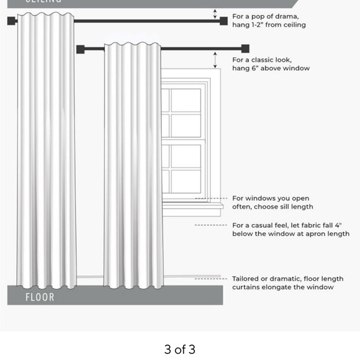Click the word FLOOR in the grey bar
tap(40, 297)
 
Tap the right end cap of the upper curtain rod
tap(223, 21)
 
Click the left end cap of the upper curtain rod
tap(11, 21)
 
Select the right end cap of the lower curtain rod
tap(245, 48)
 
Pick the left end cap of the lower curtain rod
tap(81, 48)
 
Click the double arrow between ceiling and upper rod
tap(215, 14)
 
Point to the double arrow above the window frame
tap(215, 60)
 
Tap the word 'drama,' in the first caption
tap(286, 16)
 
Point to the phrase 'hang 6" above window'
tap(271, 68)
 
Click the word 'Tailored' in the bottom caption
tap(246, 279)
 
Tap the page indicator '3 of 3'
tap(180, 349)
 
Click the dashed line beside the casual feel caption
tap(210, 225)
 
